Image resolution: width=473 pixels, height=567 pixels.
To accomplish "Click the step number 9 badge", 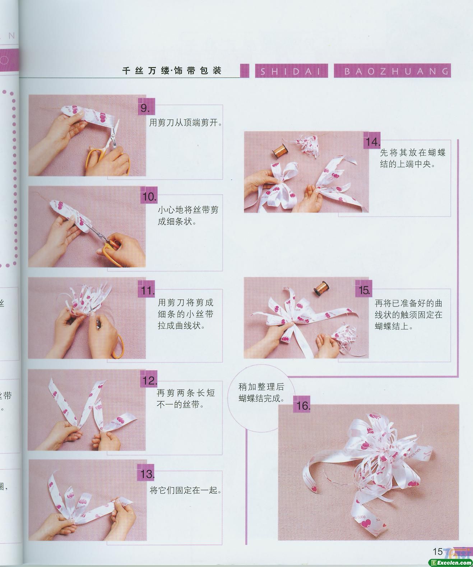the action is tap(147, 106).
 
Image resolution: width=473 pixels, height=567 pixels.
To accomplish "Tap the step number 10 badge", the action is tap(149, 195).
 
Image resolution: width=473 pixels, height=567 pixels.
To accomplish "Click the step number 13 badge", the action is tap(146, 473).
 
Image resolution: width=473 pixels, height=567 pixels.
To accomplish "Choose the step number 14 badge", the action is tap(372, 141).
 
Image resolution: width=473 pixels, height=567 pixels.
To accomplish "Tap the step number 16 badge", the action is tap(302, 404).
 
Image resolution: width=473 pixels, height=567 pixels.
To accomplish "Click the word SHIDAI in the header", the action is tap(291, 71).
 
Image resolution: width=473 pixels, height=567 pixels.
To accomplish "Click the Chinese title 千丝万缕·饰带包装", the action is tap(172, 71).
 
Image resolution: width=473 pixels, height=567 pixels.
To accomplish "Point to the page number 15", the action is tap(438, 551).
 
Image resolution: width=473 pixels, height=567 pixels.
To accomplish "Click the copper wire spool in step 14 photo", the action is tap(280, 151).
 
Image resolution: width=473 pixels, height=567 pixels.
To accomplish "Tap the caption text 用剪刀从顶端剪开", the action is tap(186, 123).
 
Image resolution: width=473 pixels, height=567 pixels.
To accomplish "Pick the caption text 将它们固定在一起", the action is tap(186, 491).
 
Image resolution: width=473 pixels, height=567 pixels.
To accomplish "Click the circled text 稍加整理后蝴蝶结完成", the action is tap(261, 392).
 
